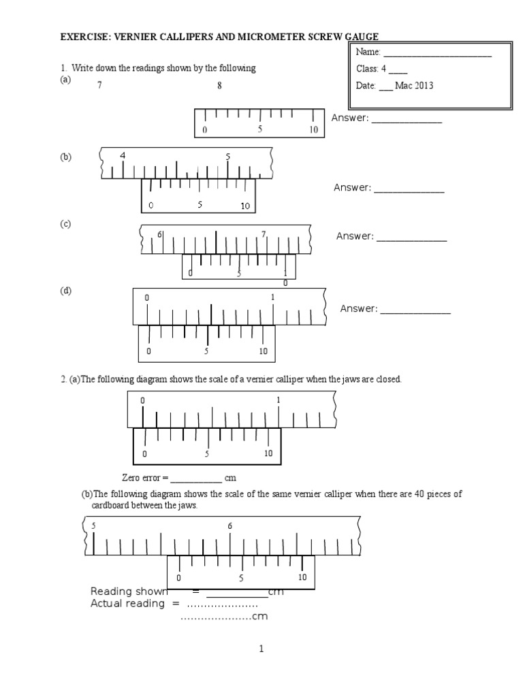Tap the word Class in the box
coord(368,69)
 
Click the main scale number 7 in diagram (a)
coord(100,86)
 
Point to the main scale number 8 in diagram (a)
coord(219,86)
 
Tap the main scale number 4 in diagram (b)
coord(123,155)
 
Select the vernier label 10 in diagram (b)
coord(245,206)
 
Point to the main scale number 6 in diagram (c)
coord(159,234)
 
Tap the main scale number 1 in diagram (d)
coord(273,297)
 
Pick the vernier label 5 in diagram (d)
coord(206,351)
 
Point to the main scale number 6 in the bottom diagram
coord(230,525)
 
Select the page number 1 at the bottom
coord(261,649)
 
